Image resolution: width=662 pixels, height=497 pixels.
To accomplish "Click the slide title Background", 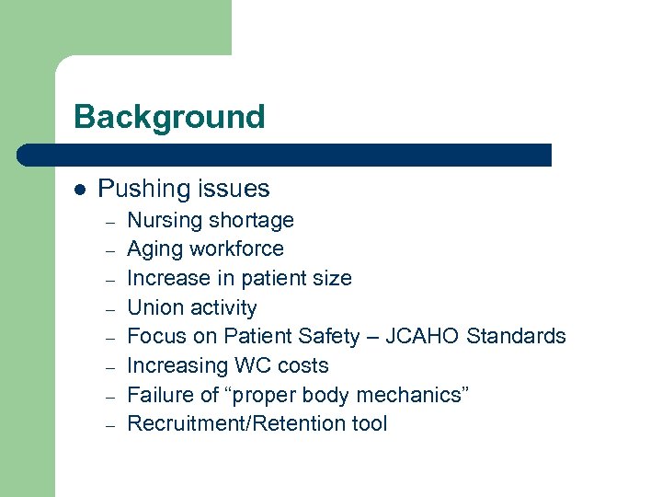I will click(169, 117).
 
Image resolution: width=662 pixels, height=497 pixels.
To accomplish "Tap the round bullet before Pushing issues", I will click(80, 190).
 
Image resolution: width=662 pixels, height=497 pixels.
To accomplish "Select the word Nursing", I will click(165, 221).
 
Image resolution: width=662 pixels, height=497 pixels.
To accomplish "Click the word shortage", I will click(251, 221).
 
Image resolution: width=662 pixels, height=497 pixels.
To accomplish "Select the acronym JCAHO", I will click(423, 337).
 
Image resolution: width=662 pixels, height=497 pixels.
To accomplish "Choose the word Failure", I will click(158, 396).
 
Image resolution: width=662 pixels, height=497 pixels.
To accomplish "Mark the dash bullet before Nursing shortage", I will click(108, 222).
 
